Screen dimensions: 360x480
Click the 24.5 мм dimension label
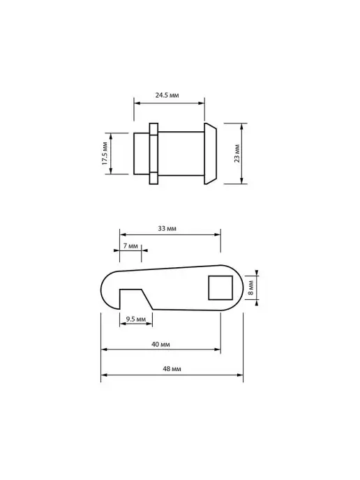pyautogui.click(x=167, y=95)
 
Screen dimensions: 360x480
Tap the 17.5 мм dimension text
pyautogui.click(x=105, y=153)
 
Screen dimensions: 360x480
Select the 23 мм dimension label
pyautogui.click(x=237, y=153)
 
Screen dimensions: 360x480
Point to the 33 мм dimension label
pyautogui.click(x=167, y=228)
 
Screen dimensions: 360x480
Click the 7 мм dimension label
pyautogui.click(x=130, y=246)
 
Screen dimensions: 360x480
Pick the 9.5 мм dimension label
pyautogui.click(x=136, y=319)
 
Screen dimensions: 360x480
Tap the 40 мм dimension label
pyautogui.click(x=160, y=345)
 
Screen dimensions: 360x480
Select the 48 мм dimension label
pyautogui.click(x=172, y=369)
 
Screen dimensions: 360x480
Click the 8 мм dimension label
pyautogui.click(x=250, y=287)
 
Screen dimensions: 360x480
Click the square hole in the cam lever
pyautogui.click(x=220, y=287)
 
